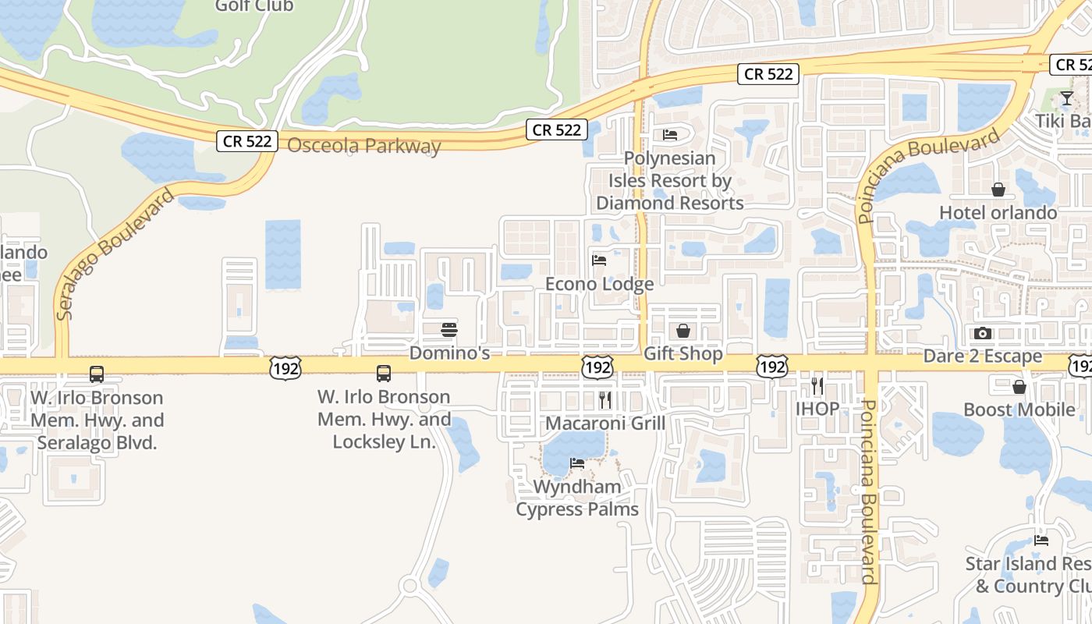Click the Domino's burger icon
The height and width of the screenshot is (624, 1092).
[x=448, y=330]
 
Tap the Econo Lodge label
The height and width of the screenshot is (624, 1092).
[x=599, y=284]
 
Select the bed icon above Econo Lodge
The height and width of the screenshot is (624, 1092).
[x=599, y=260]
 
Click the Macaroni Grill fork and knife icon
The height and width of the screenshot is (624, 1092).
[x=605, y=400]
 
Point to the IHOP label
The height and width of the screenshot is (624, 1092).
[x=817, y=408]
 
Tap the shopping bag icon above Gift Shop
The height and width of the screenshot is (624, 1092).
[x=683, y=331]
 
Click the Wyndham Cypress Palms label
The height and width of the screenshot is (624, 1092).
[x=577, y=498]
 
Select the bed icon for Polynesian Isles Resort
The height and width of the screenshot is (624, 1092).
[x=670, y=135]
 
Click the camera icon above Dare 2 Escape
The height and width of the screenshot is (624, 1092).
[x=983, y=333]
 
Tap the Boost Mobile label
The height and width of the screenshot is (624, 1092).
[x=1019, y=409]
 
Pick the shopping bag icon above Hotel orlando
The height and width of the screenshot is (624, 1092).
[x=998, y=190]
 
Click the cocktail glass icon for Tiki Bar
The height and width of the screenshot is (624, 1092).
[x=1066, y=98]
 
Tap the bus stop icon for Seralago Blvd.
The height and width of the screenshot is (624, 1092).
[x=97, y=374]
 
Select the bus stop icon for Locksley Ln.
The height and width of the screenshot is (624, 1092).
[x=384, y=373]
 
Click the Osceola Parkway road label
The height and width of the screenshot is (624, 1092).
[x=364, y=146]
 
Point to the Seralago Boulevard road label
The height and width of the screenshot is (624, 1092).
[x=115, y=253]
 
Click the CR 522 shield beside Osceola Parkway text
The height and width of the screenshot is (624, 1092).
[x=247, y=141]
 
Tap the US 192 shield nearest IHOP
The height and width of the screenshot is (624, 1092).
[x=772, y=367]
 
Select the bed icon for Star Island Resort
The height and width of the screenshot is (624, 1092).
[x=1041, y=540]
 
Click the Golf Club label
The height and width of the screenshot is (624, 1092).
[x=254, y=6]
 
